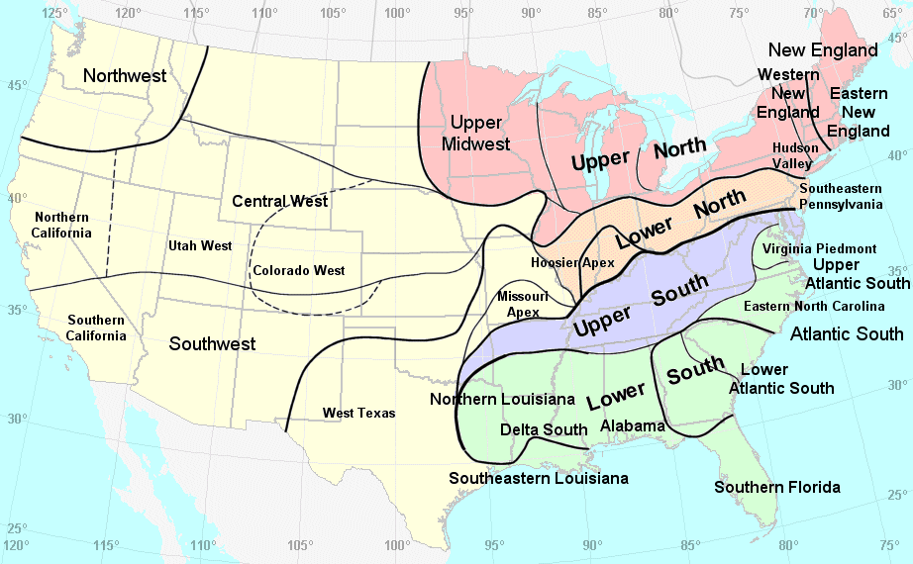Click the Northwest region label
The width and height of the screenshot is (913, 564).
coord(124,76)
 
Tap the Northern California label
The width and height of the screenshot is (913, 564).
coord(61,225)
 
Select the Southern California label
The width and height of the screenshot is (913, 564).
coord(96,328)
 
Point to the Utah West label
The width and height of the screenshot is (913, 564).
coord(200,245)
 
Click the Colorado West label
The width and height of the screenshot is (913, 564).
coord(299,270)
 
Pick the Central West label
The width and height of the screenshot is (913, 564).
coord(279,201)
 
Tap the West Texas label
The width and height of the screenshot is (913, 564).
coord(358,413)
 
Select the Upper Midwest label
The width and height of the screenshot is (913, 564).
coord(480,134)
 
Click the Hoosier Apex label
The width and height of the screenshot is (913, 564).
coord(572,262)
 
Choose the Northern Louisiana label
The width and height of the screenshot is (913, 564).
coord(502,399)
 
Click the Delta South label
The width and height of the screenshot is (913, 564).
coord(544,429)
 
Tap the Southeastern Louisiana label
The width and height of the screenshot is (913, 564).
coord(539,478)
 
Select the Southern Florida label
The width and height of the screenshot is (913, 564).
coord(777,487)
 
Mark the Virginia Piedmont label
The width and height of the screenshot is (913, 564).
coord(820,248)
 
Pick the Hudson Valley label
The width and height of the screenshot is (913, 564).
coord(795,154)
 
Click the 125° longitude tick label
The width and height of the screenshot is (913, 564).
coord(55,13)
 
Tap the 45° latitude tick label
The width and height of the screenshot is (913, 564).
coord(17,85)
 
